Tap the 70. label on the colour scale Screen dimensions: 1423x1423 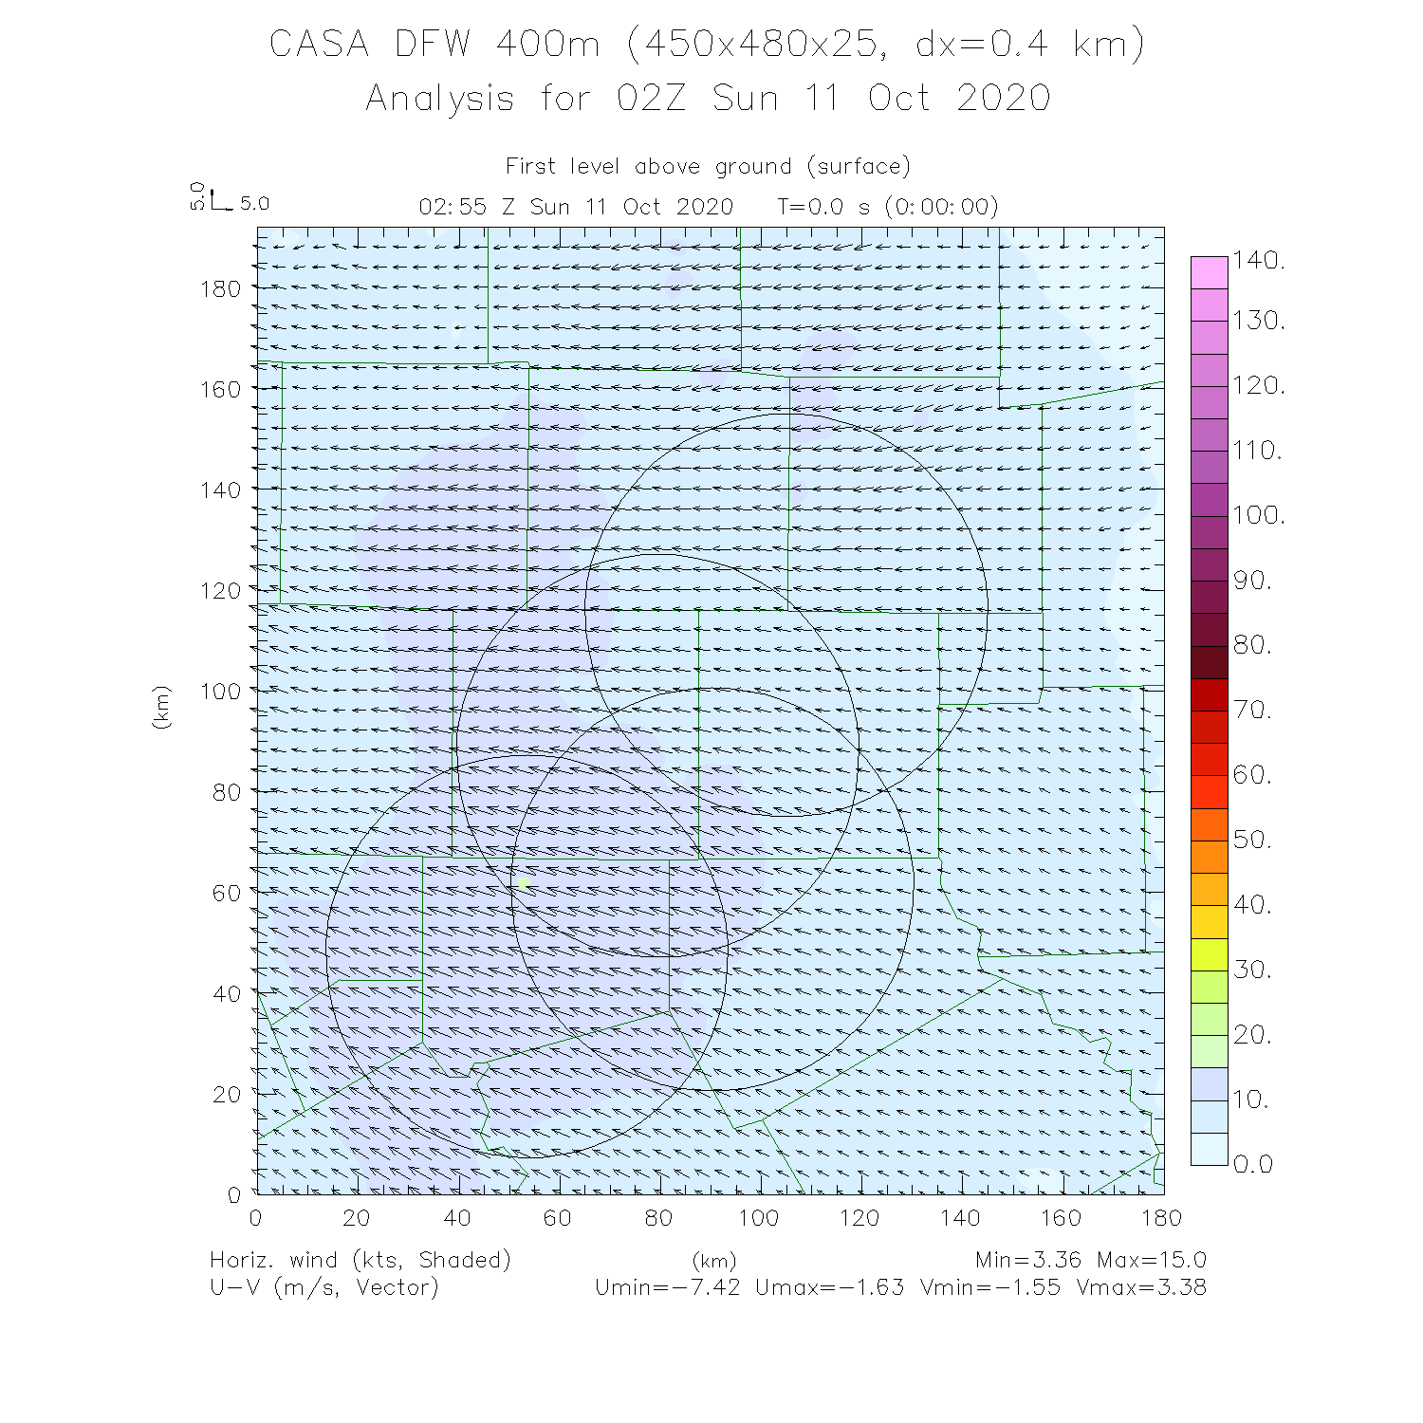[1252, 710]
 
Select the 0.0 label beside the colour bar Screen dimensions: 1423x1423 [1252, 1164]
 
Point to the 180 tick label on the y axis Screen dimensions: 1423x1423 [221, 288]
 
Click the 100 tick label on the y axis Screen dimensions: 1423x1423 [221, 691]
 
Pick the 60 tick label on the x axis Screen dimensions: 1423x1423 [558, 1218]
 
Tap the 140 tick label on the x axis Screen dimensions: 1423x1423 [960, 1218]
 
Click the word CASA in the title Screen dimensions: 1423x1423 [319, 45]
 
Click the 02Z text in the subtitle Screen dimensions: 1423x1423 [651, 99]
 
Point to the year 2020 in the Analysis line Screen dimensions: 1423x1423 [1004, 99]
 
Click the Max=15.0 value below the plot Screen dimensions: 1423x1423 [1151, 1261]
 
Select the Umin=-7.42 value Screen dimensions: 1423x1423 [667, 1288]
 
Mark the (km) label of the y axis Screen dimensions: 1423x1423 [161, 708]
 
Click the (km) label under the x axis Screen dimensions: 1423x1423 [713, 1262]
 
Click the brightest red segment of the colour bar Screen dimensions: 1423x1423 [1209, 792]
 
